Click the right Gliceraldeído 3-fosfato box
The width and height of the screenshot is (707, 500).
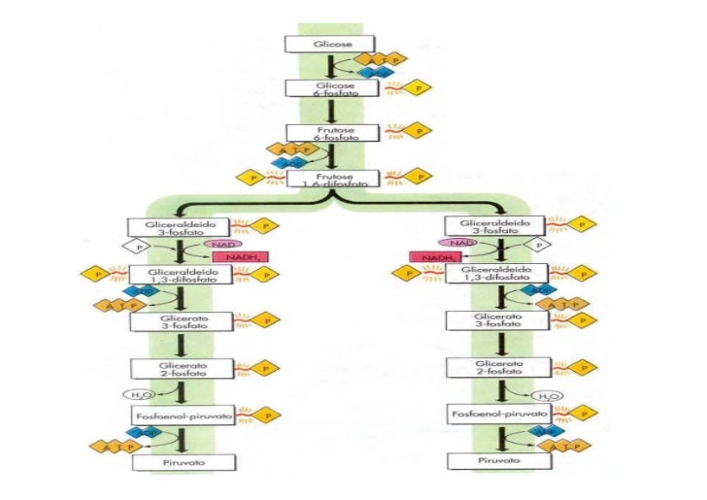coord(485,226)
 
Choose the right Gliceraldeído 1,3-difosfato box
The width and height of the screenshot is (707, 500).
coord(485,275)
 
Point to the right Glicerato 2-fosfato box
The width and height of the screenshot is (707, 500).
coord(485,368)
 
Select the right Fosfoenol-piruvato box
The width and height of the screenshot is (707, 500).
coord(485,416)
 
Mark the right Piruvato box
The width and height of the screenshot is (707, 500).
coord(485,462)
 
